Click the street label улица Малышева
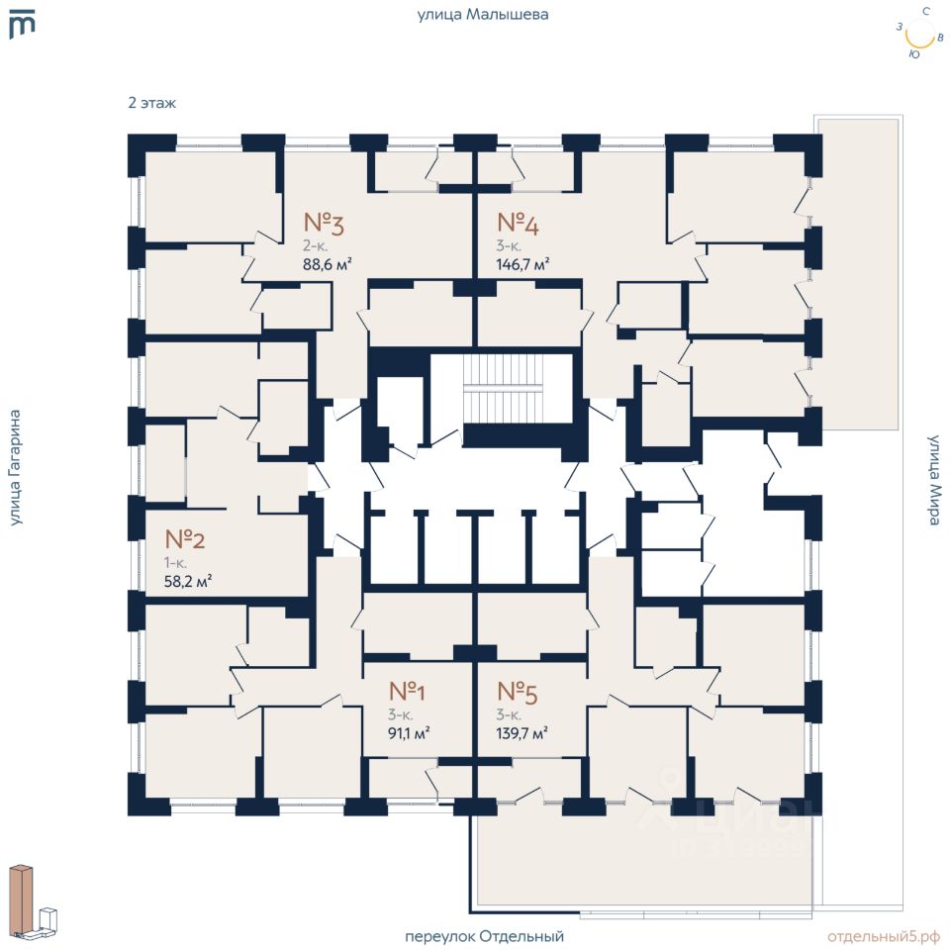click(483, 15)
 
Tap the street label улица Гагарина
click(15, 468)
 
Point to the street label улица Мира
click(935, 480)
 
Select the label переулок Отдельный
click(484, 936)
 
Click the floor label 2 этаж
click(152, 103)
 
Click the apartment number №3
click(324, 223)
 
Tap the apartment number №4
click(518, 223)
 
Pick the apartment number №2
click(185, 538)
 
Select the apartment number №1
click(407, 691)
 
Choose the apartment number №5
click(518, 692)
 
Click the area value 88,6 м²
click(328, 264)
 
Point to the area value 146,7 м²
click(522, 264)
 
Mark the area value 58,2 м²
click(188, 582)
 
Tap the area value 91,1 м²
click(409, 733)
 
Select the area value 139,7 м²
click(522, 733)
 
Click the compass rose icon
click(920, 34)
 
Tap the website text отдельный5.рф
click(884, 937)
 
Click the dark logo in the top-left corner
click(23, 24)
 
